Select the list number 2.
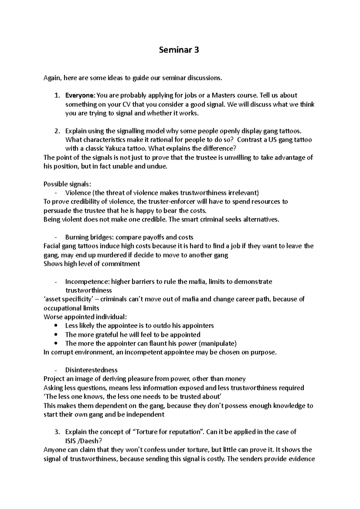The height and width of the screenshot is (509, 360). click(x=57, y=131)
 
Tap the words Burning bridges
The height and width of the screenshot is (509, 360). click(x=88, y=237)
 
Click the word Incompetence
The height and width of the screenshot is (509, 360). click(x=87, y=281)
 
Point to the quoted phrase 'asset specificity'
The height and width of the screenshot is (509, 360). click(x=67, y=299)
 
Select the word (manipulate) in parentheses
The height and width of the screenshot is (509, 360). click(x=218, y=343)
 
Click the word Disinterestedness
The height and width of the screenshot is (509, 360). click(x=91, y=370)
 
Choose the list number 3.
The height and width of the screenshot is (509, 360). click(x=57, y=432)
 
